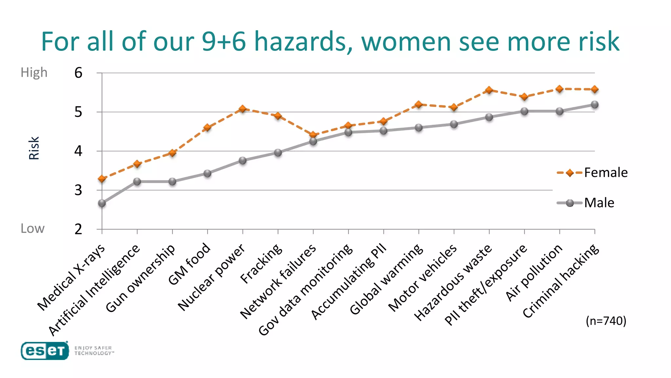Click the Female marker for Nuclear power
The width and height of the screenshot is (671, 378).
pos(242,109)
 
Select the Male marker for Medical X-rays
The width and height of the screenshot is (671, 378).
pos(102,203)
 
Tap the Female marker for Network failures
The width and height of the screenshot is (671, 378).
pos(313,135)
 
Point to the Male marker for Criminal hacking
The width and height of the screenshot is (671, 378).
pos(595,105)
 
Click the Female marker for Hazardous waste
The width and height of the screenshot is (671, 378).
pos(489,90)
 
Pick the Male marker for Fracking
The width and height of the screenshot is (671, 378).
pos(278,153)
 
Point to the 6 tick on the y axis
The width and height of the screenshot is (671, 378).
pos(78,73)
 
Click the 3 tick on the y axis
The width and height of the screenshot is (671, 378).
pos(78,190)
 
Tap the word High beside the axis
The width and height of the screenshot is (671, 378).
pos(34,73)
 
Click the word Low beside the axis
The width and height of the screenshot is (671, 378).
pos(32,228)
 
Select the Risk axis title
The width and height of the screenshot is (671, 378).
pos(34,148)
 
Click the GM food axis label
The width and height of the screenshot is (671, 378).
pos(189,264)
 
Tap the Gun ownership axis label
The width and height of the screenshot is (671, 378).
pos(140,278)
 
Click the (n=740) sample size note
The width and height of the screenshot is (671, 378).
pos(606,321)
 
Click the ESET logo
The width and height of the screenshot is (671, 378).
pos(45,351)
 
